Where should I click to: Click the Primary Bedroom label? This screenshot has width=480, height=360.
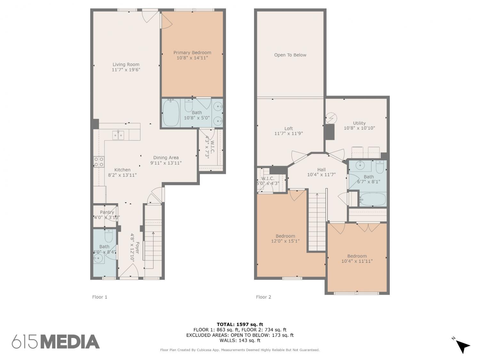coord(192,53)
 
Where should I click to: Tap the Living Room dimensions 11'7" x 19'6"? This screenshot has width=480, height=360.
coord(126,70)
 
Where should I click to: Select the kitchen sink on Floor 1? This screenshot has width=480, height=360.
coord(118,135)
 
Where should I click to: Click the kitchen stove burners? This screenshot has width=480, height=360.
coord(99,162)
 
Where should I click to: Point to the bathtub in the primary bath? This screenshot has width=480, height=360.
coord(171,113)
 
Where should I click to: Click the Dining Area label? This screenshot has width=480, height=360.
coord(166,157)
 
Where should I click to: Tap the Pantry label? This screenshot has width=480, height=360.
coord(107,212)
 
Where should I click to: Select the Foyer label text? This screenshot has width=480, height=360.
coord(137,248)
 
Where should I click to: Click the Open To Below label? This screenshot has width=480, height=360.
coord(290,55)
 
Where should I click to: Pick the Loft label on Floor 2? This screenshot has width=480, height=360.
coord(288,129)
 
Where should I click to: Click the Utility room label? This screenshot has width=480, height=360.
coord(359,123)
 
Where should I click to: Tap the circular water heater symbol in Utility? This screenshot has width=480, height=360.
coord(331,118)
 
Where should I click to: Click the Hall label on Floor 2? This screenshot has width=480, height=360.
coord(321,170)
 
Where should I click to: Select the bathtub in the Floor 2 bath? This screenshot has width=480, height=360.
coord(372,199)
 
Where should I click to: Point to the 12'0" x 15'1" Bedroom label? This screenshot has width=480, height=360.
coord(285,238)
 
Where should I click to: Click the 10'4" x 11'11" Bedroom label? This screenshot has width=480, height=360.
coord(357,259)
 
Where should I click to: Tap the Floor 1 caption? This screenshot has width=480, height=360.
coord(100,297)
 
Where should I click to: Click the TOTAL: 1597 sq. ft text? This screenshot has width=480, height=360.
coord(240,324)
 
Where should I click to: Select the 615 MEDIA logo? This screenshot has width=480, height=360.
coord(56,341)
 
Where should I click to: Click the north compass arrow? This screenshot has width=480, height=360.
coord(463,346)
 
